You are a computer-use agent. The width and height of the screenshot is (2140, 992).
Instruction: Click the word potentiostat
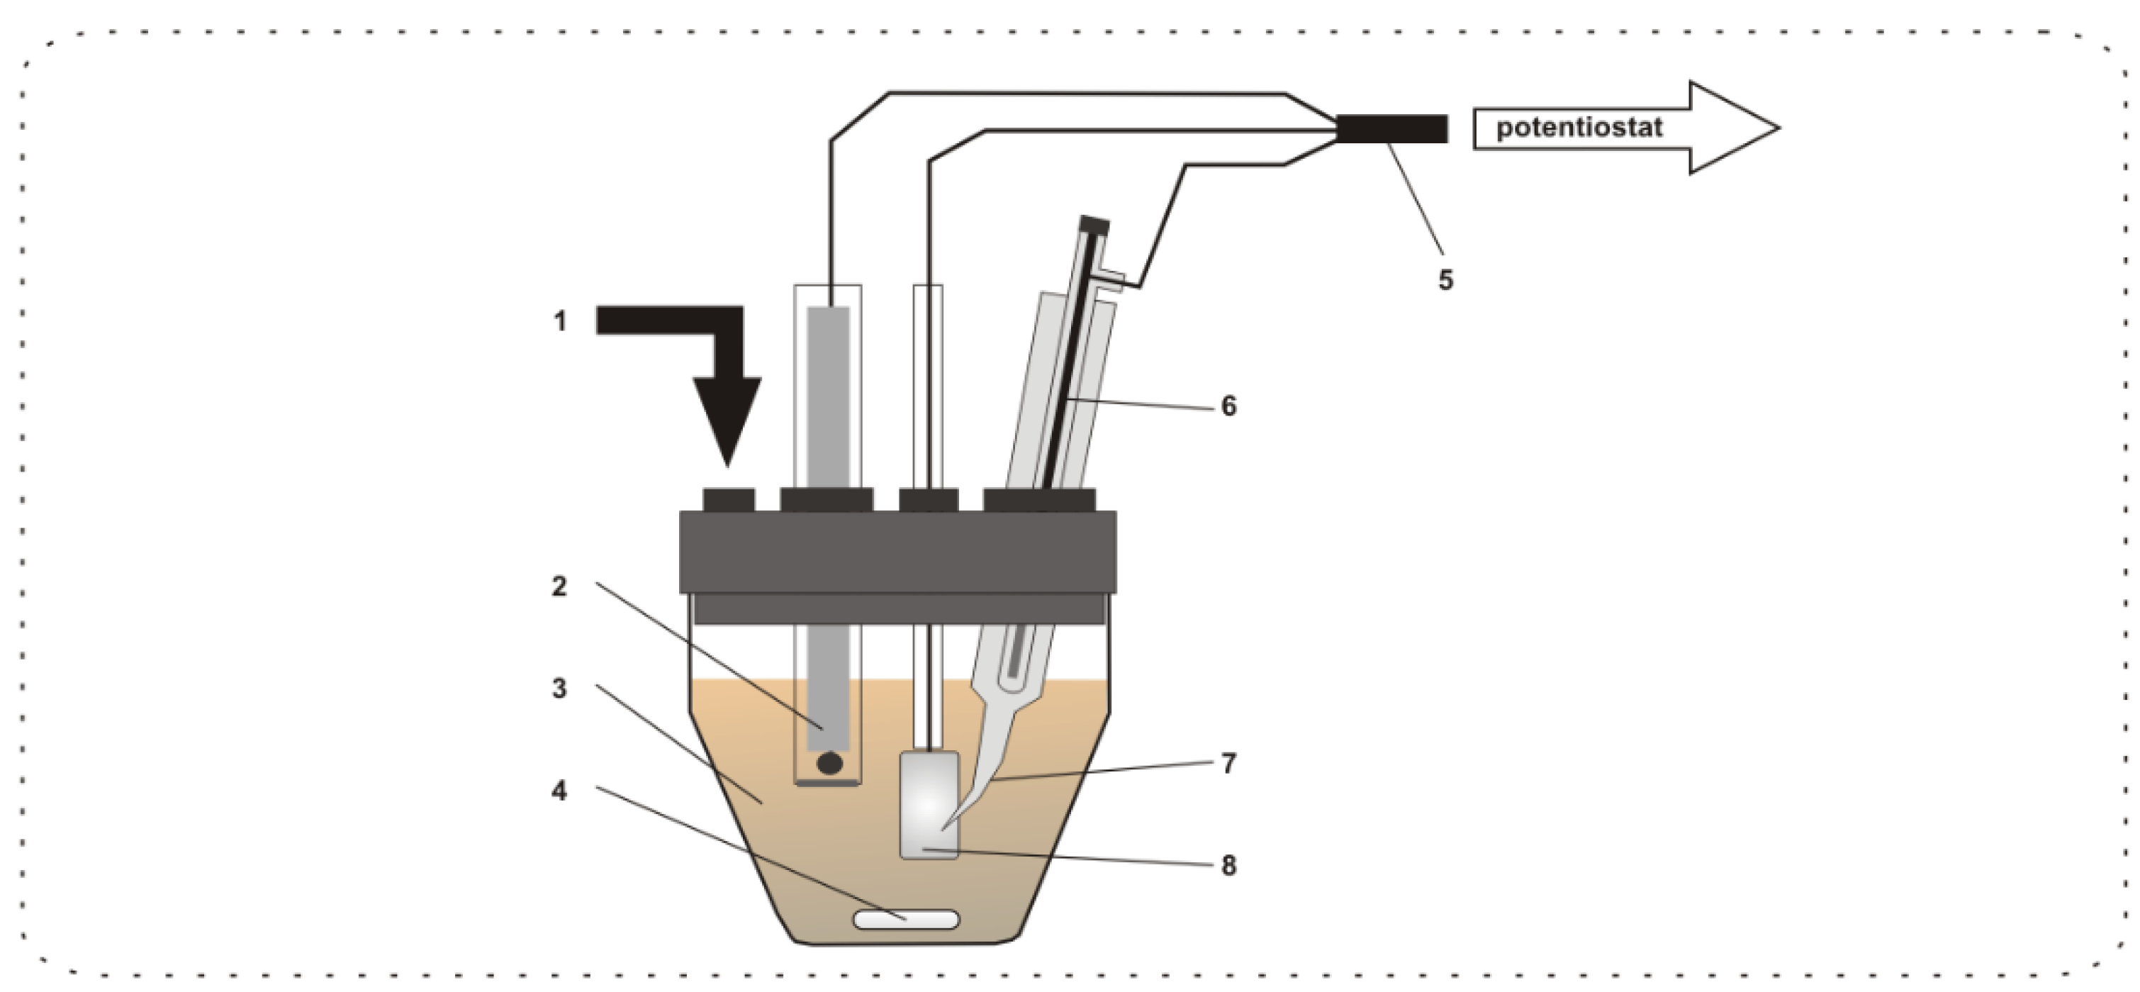point(1579,128)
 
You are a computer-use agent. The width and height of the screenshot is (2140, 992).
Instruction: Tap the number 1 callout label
point(560,321)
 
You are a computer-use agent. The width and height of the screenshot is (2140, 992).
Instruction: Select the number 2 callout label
point(560,586)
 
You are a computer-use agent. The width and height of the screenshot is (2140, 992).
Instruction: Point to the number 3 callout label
point(560,689)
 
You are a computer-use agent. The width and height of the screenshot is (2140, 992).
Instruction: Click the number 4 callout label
point(560,791)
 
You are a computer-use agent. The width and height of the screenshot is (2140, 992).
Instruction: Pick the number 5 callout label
point(1445,281)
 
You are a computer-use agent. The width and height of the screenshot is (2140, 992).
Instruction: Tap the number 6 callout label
point(1228,406)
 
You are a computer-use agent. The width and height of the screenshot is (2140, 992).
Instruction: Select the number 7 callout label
point(1228,764)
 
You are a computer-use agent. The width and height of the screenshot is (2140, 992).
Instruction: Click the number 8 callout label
point(1228,866)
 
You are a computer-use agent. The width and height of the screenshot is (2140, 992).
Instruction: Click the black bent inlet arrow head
point(727,416)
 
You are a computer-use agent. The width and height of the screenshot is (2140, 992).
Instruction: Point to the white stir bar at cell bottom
point(907,920)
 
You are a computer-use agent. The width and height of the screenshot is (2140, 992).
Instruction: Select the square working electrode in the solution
point(929,804)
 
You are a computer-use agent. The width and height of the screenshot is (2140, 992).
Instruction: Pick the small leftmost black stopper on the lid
point(729,499)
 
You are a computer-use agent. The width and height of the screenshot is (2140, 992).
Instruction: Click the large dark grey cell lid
point(897,552)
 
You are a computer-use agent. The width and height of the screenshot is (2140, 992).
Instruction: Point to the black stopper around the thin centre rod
point(929,499)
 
